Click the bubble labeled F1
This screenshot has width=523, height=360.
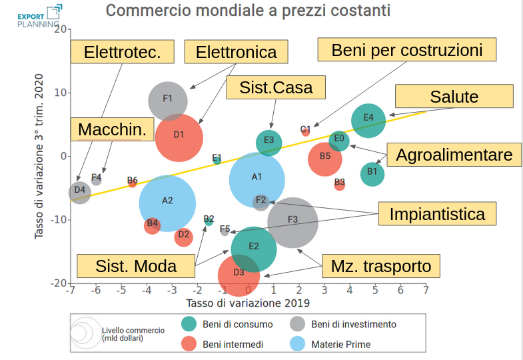(167, 100)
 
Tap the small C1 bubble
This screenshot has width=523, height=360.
(305, 131)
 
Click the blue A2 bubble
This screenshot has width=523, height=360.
(167, 201)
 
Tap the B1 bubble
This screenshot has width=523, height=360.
(372, 173)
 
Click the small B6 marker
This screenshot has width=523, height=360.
(132, 181)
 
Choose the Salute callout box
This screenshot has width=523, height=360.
(454, 97)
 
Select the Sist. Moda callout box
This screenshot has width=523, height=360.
(136, 267)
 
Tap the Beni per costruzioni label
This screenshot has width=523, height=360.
(406, 50)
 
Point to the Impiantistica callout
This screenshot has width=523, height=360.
(437, 215)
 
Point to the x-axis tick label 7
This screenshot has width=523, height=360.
(426, 291)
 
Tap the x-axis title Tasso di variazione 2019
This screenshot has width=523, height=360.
(248, 303)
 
